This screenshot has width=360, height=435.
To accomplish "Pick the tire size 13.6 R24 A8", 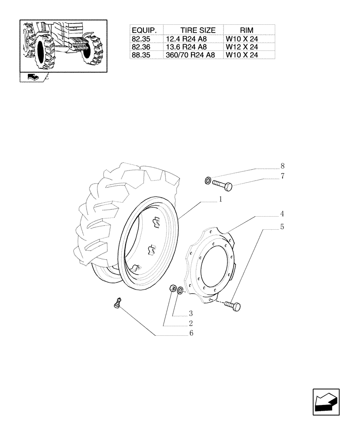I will pos(186,47).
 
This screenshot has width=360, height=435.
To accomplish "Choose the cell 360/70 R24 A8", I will pos(190,55).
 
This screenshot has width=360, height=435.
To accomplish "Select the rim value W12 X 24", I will pos(242,47).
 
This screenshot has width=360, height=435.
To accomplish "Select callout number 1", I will pos(220,199).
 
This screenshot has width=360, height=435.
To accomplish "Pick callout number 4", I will pos(282,214).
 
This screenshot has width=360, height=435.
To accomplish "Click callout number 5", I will pos(282,227).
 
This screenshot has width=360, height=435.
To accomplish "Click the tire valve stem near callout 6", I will pos(117,302).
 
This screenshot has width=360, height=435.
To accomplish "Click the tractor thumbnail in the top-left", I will pos(63,46).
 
